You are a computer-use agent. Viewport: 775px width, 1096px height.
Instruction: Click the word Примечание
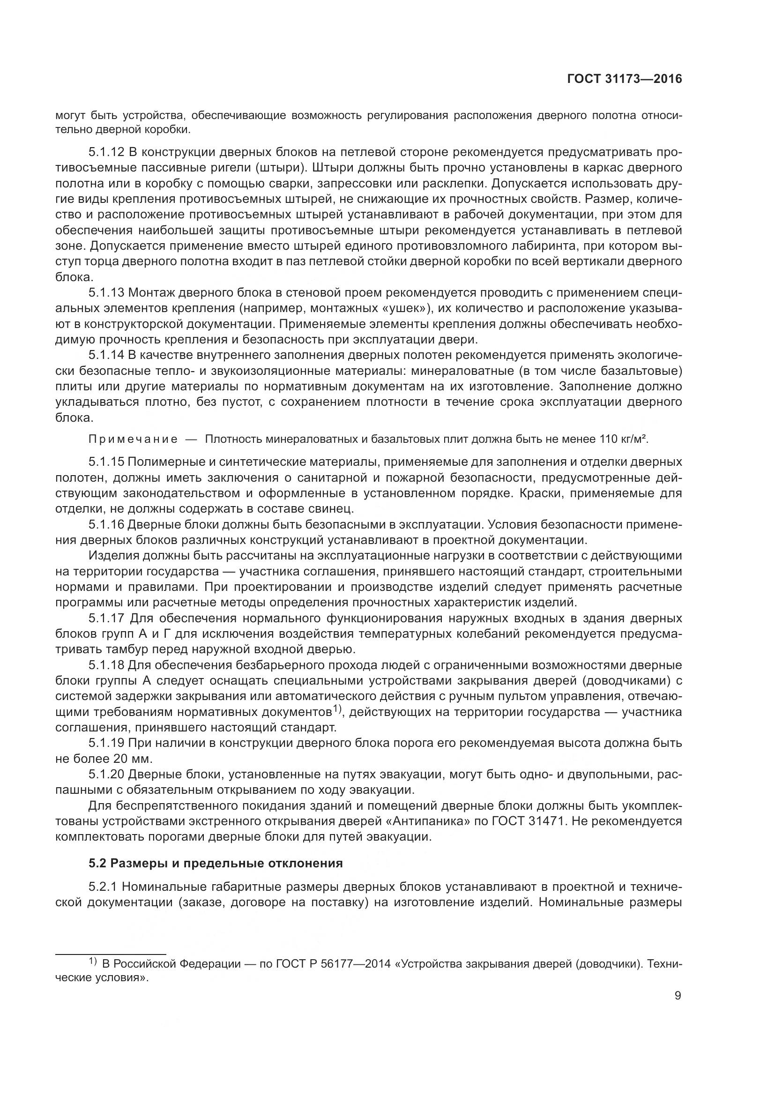(133, 439)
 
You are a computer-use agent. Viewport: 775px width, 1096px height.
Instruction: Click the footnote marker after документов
(338, 710)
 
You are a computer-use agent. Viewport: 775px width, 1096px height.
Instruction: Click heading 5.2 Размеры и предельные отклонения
(216, 864)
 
